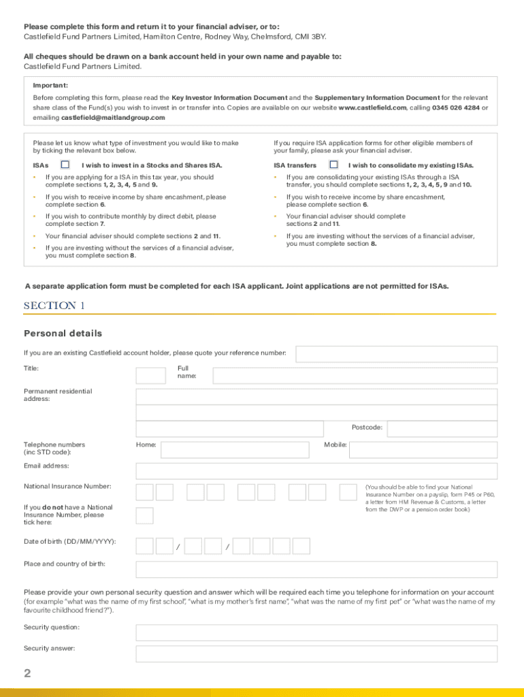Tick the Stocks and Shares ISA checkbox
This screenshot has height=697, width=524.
point(65,165)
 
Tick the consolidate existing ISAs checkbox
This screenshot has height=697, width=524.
point(333,165)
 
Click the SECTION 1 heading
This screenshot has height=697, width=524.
point(54,306)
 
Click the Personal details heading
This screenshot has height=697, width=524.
point(63,334)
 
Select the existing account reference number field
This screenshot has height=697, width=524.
point(396,354)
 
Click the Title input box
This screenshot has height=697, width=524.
point(150,376)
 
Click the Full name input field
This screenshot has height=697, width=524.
point(355,376)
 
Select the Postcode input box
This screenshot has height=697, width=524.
point(442,428)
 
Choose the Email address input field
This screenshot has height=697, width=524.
point(316,471)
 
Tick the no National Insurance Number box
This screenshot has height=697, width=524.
point(144,515)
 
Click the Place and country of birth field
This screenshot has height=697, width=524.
point(316,569)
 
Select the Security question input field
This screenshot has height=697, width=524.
point(316,632)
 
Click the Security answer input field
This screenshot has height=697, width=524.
point(316,654)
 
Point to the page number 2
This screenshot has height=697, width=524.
point(28,674)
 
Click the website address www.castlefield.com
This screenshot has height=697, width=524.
point(372,108)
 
